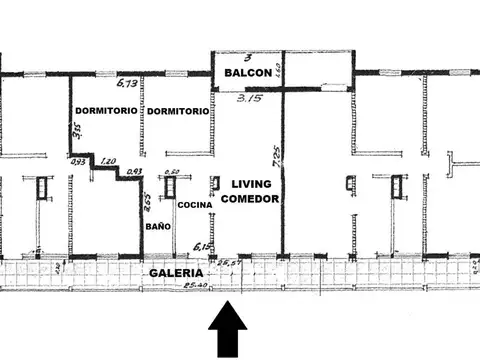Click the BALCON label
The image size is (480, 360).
coord(245,74)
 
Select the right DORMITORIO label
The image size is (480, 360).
coord(177,111)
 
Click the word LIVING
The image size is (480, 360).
coord(251,184)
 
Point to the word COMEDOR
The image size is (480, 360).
coord(251,199)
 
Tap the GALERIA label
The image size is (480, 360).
coord(176,273)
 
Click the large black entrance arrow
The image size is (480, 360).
coord(230,330)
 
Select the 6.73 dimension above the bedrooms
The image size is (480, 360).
coord(127,86)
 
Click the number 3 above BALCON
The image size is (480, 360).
coord(246,59)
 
